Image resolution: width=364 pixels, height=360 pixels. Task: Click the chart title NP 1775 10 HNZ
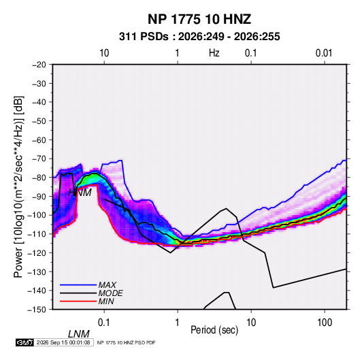(x=199, y=19)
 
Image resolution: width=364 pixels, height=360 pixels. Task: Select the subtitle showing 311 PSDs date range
(x=199, y=37)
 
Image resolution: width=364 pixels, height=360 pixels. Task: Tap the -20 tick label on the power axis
(x=39, y=65)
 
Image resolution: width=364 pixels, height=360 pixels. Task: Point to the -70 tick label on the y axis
(x=39, y=159)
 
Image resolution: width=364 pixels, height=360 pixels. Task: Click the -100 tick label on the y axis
(x=37, y=215)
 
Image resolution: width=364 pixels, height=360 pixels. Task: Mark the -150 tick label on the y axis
(x=37, y=310)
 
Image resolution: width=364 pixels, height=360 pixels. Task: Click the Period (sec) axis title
(x=214, y=330)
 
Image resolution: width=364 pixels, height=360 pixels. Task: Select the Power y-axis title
(x=18, y=187)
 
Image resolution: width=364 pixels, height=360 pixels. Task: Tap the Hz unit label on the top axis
(x=214, y=53)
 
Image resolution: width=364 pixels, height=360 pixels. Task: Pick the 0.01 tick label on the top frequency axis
(x=324, y=53)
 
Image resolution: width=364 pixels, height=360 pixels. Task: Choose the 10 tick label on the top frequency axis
(x=104, y=53)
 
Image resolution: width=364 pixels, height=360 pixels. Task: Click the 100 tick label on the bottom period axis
(x=325, y=323)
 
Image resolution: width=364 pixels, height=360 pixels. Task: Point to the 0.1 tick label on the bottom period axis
(x=104, y=323)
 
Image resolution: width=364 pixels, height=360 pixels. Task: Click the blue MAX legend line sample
(x=78, y=284)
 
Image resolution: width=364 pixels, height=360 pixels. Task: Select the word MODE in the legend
(x=110, y=293)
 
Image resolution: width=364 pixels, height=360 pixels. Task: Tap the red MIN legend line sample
(x=78, y=301)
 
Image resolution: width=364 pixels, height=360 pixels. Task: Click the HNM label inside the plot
(x=80, y=193)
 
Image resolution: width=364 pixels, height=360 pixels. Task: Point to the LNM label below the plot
(x=79, y=334)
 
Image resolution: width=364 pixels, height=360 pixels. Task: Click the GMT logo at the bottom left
(x=24, y=342)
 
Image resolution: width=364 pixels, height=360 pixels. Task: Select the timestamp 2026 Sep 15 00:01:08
(x=63, y=342)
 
